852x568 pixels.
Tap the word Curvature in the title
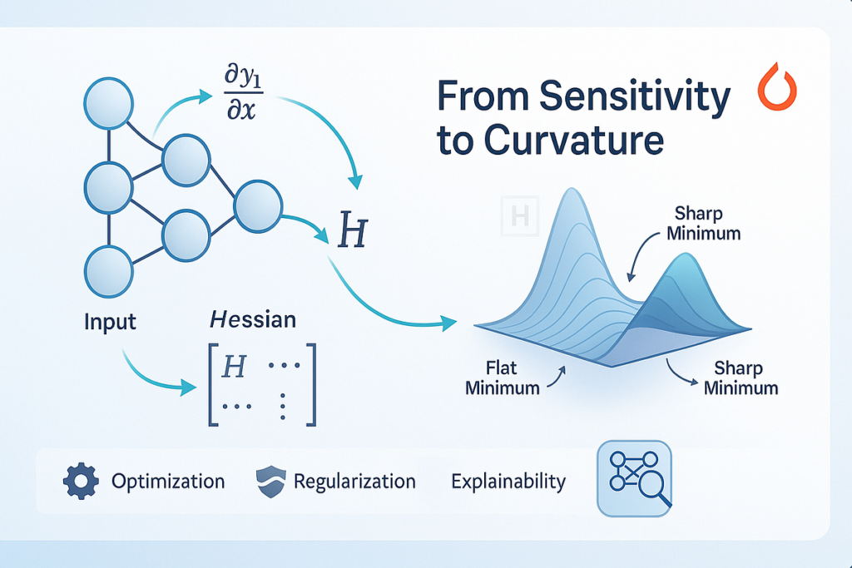574,140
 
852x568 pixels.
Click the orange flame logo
778,86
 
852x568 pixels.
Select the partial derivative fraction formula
242,93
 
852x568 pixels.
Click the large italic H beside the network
353,230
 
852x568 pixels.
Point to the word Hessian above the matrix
253,319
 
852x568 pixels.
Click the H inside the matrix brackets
234,367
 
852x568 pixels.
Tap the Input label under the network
110,322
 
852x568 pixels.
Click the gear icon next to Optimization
81,482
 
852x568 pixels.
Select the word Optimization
168,482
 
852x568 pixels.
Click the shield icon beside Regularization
271,482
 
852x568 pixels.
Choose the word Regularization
354,482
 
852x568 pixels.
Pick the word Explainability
508,482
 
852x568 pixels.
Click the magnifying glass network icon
634,478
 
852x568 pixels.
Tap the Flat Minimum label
502,378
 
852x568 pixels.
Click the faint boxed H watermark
520,216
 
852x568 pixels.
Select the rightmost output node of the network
258,206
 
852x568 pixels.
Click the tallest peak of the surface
571,190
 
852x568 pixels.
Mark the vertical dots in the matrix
283,407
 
